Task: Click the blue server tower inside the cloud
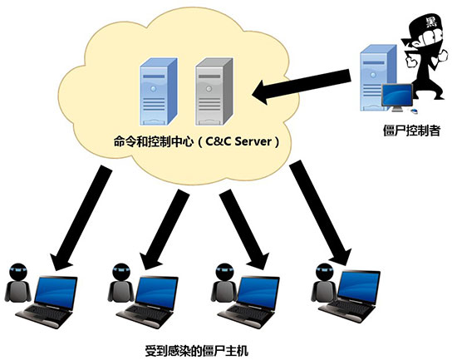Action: [158, 91]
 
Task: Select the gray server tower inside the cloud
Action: [214, 91]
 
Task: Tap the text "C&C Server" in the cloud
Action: [238, 141]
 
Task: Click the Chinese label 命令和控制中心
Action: [154, 142]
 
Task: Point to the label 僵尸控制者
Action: [411, 131]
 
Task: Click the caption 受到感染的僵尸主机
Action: [197, 350]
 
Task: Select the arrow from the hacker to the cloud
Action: [301, 86]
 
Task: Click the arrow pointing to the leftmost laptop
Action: [81, 218]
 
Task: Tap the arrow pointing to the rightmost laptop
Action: [320, 213]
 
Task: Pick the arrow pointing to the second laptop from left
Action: [164, 229]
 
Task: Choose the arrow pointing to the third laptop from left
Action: [244, 229]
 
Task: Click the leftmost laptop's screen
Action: [57, 291]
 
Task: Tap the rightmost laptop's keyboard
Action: [346, 306]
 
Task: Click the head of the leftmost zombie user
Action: [18, 272]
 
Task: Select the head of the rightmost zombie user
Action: [324, 272]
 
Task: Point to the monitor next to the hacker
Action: [397, 96]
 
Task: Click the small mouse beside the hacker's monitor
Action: [414, 111]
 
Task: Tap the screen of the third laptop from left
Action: [258, 292]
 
